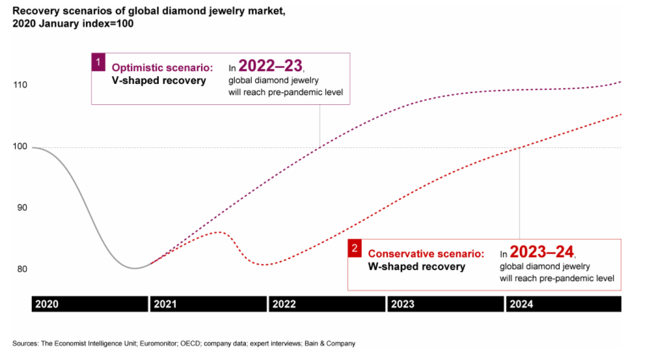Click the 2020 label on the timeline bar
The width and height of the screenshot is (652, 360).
click(x=47, y=304)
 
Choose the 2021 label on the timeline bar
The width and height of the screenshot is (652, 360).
click(x=165, y=304)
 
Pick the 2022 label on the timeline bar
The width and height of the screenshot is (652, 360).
click(x=284, y=304)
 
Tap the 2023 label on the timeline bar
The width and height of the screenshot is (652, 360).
click(x=403, y=304)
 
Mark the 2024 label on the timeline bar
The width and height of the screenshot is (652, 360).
click(x=521, y=304)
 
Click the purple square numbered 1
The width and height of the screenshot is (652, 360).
click(x=98, y=62)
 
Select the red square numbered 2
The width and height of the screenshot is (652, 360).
click(x=355, y=248)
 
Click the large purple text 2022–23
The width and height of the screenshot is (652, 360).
click(x=270, y=65)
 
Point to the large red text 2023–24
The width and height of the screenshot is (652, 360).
click(x=542, y=252)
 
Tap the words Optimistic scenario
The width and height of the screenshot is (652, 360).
click(x=162, y=68)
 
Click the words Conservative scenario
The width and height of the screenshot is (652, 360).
click(x=426, y=254)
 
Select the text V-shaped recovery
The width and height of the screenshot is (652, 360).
click(x=159, y=81)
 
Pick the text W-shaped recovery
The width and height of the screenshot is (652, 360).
click(x=416, y=266)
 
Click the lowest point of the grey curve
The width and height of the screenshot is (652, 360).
click(x=135, y=268)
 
